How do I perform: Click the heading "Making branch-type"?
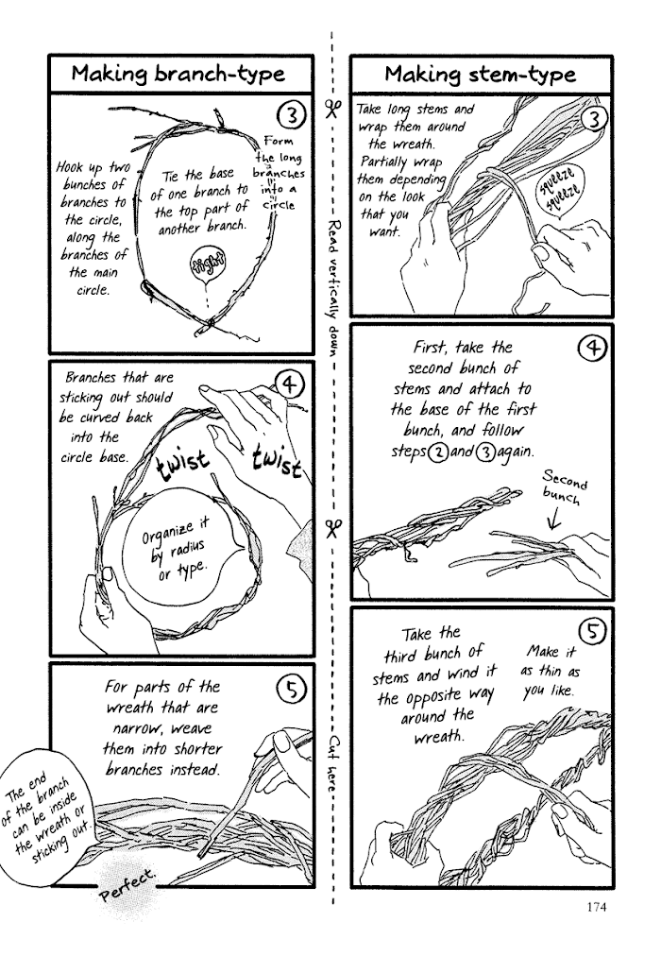178,74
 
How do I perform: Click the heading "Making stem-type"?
480,75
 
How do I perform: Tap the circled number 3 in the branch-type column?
291,114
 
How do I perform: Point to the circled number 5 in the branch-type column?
291,689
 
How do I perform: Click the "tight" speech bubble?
207,264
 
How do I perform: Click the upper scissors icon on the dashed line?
332,109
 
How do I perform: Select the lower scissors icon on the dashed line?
333,529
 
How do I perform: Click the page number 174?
597,907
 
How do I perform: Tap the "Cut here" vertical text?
333,763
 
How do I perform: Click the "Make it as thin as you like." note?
550,671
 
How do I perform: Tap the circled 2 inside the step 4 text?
436,453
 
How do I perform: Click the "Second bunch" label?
566,487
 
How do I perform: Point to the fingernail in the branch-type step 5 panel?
282,742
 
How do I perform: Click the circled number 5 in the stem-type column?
592,632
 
